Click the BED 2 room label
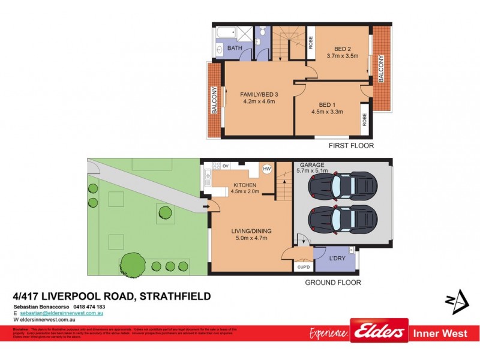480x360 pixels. [342, 51]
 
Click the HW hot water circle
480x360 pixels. [267, 169]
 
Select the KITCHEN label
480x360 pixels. [245, 185]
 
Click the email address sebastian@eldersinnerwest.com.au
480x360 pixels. [62, 313]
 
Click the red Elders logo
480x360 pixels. [379, 331]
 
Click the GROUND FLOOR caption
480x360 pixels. [333, 282]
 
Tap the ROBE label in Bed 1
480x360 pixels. [364, 120]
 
